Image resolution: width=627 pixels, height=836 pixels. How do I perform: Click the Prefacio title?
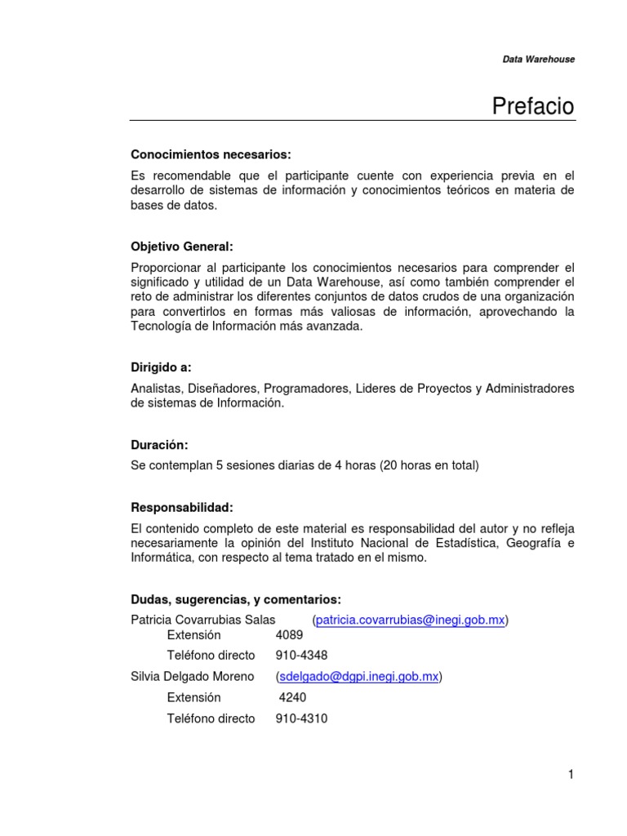point(533,106)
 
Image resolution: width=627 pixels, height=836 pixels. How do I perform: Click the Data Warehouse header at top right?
point(537,60)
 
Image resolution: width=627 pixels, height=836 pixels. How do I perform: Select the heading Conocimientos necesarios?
point(211,154)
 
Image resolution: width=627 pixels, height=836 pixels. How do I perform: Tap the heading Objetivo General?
point(182,247)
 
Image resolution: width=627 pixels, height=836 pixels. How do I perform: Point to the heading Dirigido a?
point(161,367)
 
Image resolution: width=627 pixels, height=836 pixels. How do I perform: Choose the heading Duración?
point(159,445)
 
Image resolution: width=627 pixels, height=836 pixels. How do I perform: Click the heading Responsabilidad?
point(181,507)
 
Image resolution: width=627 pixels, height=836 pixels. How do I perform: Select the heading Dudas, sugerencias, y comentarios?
point(236,599)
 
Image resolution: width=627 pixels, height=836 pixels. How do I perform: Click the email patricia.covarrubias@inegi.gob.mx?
point(410,620)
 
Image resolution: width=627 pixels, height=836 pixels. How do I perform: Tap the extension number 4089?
point(290,634)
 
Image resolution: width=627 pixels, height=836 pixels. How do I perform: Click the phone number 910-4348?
point(302,655)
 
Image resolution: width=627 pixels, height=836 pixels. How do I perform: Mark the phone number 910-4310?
point(302,718)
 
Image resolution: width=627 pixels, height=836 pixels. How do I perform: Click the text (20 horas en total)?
point(429,465)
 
